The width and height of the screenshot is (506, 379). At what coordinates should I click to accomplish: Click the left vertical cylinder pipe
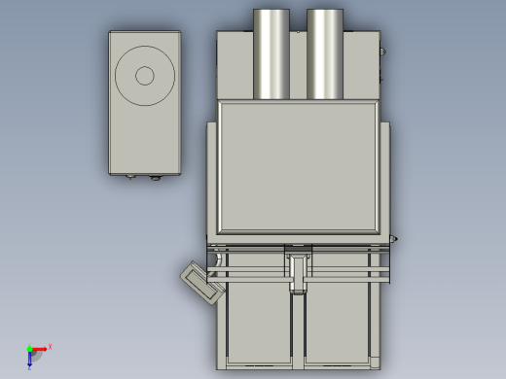pos(271,53)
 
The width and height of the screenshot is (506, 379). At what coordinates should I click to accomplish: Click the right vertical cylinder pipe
pos(325,53)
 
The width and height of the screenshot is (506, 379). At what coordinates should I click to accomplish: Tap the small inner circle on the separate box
pos(145,76)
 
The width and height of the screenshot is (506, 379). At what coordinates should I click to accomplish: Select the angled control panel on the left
pos(202,284)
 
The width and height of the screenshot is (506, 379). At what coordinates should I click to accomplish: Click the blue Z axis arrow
pos(29,360)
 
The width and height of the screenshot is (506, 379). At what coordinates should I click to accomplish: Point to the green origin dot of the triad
pos(29,349)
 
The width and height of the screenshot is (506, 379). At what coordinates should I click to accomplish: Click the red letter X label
pos(50,346)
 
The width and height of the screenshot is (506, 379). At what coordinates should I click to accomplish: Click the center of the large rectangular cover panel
pos(298,166)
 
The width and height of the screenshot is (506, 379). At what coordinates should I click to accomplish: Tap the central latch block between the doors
pos(298,267)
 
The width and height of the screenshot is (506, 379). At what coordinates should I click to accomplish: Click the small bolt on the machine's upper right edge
pos(382,52)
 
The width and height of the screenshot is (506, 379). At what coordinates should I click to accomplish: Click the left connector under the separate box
pos(131,177)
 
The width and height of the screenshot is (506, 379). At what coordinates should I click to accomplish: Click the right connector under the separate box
pos(154,178)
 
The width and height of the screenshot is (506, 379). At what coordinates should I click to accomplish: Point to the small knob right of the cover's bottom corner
pos(393,238)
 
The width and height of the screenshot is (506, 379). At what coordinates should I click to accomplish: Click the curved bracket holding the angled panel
pos(218,259)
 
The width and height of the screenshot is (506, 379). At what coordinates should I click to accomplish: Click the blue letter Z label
pos(29,368)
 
